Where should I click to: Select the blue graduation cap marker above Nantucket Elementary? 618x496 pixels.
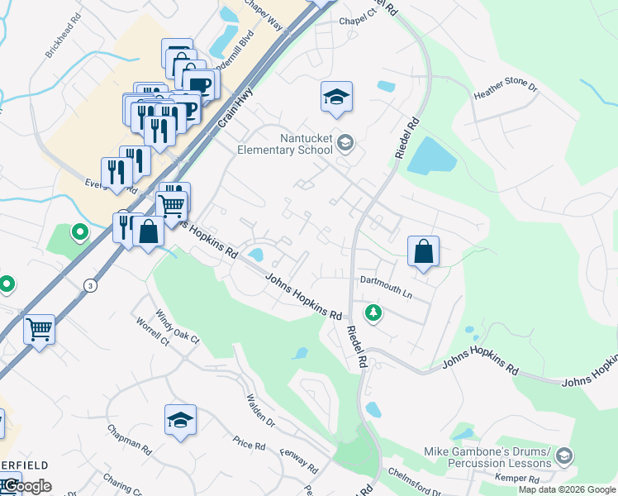(336, 98)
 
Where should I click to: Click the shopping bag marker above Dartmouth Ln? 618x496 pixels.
(423, 250)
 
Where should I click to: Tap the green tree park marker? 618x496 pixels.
(373, 313)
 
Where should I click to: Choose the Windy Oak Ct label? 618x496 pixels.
(178, 327)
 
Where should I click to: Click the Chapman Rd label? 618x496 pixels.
(130, 441)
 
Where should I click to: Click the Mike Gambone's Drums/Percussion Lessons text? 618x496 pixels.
(487, 456)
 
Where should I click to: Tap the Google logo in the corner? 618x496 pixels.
(26, 486)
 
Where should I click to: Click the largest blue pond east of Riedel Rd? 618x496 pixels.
(431, 155)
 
